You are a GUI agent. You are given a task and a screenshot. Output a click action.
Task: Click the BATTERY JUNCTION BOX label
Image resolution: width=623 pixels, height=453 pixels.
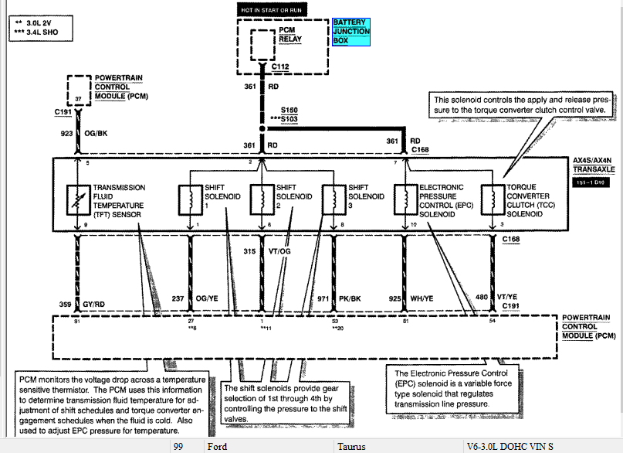pos(351,32)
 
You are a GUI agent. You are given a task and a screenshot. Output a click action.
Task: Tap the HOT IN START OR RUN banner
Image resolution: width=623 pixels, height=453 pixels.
pos(272,9)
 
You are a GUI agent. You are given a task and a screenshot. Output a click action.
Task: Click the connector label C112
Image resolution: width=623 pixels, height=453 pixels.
pos(279,67)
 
